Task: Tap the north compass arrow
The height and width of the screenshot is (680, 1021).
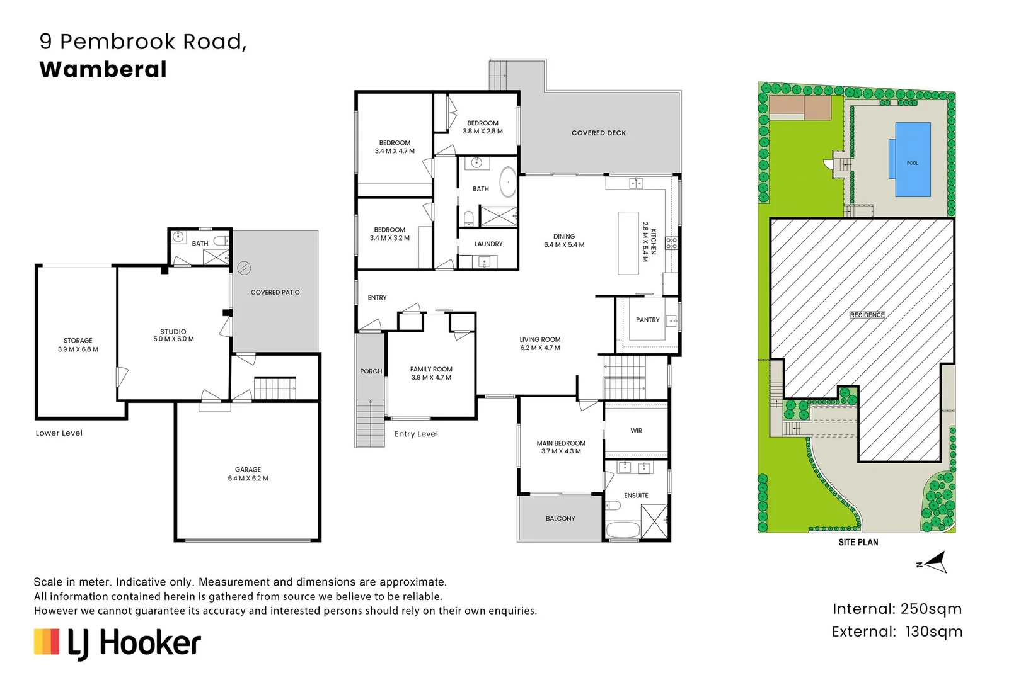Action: pyautogui.click(x=934, y=562)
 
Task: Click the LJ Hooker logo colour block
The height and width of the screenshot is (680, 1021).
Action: pyautogui.click(x=47, y=642)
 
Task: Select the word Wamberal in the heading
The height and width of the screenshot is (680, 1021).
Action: pyautogui.click(x=103, y=70)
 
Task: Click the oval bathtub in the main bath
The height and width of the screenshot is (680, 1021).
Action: pyautogui.click(x=508, y=182)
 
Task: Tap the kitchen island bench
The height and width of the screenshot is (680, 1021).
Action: pyautogui.click(x=628, y=243)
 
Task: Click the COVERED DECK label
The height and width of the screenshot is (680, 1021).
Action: pyautogui.click(x=599, y=133)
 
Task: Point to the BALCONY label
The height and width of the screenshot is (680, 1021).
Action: pyautogui.click(x=560, y=518)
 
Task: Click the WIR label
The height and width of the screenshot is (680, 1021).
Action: pyautogui.click(x=637, y=431)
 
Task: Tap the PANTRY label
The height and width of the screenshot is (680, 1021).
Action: pyautogui.click(x=648, y=320)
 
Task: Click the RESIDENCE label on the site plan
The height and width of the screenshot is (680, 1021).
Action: pyautogui.click(x=867, y=315)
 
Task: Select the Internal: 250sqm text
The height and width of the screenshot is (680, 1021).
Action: pyautogui.click(x=897, y=609)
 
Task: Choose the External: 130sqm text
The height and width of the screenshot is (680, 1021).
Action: pyautogui.click(x=897, y=632)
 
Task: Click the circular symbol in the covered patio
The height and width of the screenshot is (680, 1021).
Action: pyautogui.click(x=245, y=268)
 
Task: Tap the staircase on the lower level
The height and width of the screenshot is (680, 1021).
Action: pyautogui.click(x=275, y=388)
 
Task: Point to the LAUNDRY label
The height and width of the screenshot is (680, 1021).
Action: pyautogui.click(x=488, y=244)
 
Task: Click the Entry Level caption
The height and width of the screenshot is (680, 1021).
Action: pyautogui.click(x=416, y=434)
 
